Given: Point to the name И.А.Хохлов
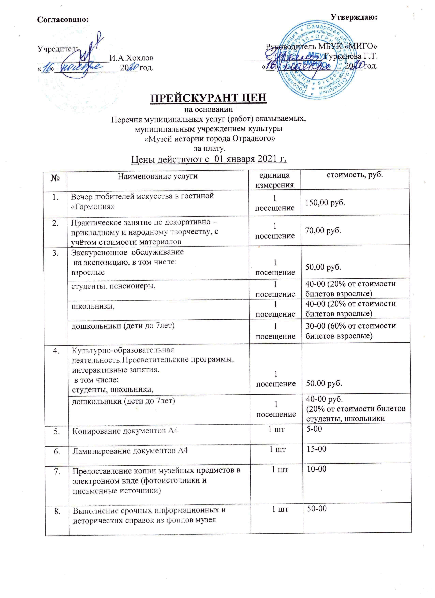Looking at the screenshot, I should (x=131, y=58).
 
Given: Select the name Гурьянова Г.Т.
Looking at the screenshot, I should (x=351, y=56).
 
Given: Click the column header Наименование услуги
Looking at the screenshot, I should (x=157, y=176).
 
